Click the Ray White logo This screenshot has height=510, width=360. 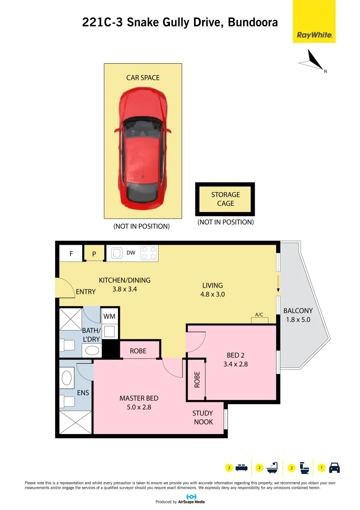click(x=314, y=35)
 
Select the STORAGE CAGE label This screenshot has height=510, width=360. click(x=226, y=199)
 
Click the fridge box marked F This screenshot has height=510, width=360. click(x=71, y=254)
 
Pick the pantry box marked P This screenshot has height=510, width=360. click(x=94, y=254)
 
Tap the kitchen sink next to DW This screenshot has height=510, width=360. click(x=116, y=254)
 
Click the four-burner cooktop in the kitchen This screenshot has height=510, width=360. click(x=149, y=253)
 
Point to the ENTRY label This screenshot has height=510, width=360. click(x=85, y=292)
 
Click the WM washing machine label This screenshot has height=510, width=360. click(x=109, y=316)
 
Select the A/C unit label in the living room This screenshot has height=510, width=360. click(x=259, y=314)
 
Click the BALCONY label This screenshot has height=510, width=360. click(x=298, y=311)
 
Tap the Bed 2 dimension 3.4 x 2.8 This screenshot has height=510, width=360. click(x=235, y=364)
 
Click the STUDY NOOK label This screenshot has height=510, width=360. click(x=202, y=417)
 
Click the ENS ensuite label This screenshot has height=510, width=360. click(x=83, y=392)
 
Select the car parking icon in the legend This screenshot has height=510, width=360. click(x=334, y=468)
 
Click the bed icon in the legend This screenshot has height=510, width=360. click(x=242, y=468)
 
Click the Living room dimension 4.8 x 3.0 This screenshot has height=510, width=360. click(x=212, y=294)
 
